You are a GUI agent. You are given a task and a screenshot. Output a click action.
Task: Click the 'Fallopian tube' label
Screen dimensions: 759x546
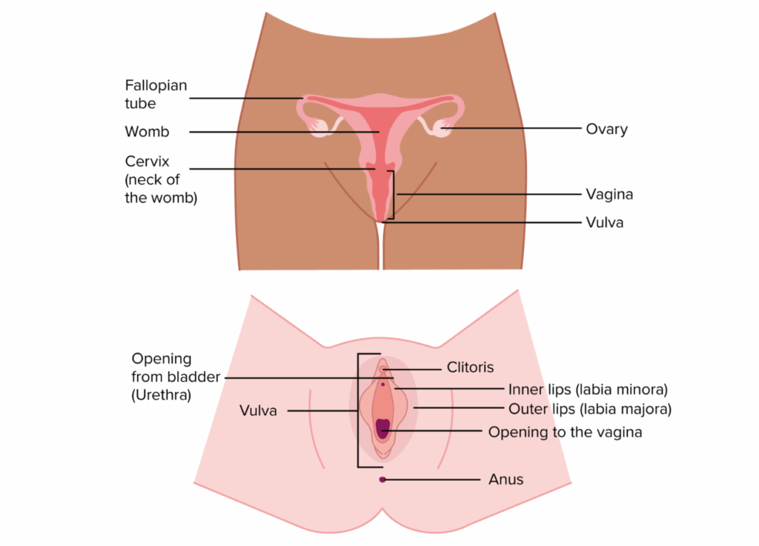156,94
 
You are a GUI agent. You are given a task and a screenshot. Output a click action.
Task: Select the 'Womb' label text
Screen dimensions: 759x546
148,132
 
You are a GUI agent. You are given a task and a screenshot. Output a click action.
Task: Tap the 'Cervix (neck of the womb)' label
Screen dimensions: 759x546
161,179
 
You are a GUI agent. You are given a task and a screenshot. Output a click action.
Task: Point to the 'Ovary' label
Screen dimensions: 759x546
606,129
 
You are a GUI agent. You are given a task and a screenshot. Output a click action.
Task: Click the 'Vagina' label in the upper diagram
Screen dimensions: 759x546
609,194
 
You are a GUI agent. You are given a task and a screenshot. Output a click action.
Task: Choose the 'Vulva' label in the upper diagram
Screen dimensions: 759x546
605,222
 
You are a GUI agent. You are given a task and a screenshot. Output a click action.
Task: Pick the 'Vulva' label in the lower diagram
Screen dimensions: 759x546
258,410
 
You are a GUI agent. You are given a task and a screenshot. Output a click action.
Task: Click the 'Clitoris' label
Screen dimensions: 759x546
470,367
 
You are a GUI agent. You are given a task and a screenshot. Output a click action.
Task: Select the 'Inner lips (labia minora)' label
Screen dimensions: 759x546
588,389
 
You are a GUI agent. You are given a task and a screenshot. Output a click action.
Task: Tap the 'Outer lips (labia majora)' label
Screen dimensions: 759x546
590,409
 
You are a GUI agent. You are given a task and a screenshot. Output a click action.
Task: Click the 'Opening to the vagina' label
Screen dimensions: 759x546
565,432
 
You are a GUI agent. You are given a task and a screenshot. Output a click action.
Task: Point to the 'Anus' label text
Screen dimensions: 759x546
506,479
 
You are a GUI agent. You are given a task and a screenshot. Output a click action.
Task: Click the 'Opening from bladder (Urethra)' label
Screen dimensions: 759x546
176,377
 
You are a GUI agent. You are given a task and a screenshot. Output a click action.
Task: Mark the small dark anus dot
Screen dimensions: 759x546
382,480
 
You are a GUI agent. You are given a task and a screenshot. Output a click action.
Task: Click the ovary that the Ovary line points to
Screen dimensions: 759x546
443,129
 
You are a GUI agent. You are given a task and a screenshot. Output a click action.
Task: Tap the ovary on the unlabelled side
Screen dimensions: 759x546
319,127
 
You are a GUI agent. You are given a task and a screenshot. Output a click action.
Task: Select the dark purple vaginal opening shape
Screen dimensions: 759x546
382,428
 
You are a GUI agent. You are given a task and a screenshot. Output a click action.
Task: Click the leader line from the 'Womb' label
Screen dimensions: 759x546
284,132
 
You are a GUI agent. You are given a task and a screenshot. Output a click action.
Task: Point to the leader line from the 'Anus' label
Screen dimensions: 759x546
431,480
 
